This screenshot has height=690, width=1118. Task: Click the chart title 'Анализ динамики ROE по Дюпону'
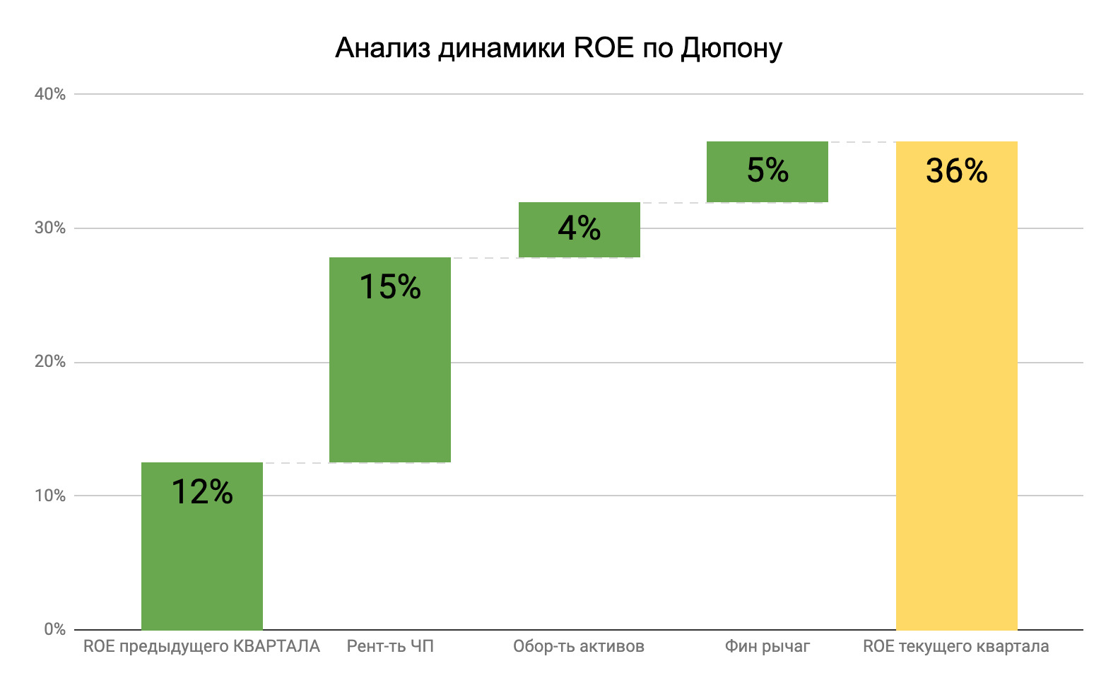[x=558, y=48]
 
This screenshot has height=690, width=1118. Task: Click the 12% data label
[x=202, y=492]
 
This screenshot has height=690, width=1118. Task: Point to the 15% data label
[x=390, y=287]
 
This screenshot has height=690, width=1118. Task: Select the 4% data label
[x=579, y=228]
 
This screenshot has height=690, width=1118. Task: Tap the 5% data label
[x=767, y=170]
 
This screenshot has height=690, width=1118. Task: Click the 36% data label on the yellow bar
[x=956, y=171]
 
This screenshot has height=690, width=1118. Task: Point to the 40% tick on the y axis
[x=50, y=94]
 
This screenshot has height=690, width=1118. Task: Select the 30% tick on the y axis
[x=50, y=228]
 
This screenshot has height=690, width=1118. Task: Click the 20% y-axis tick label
[x=50, y=361]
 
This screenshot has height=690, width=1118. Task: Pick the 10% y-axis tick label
[x=50, y=496]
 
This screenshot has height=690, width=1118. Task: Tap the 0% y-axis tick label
[x=54, y=629]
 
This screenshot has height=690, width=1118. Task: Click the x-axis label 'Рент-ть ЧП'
[x=390, y=646]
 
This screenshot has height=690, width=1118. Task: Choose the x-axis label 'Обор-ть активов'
[x=579, y=646]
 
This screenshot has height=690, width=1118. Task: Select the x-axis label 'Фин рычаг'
[x=767, y=646]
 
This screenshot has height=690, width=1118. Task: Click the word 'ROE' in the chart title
[x=604, y=48]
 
